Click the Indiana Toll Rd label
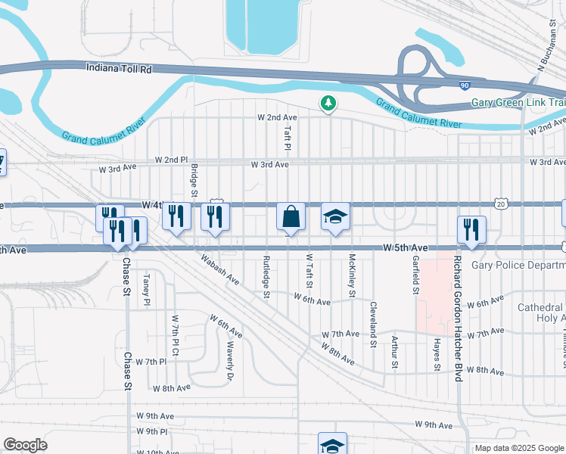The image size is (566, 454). [x=120, y=68]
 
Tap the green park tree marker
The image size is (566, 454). [x=328, y=102]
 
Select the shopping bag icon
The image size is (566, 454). [x=291, y=217]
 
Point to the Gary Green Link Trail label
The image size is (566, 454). [x=518, y=102]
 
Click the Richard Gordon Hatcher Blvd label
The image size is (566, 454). [x=457, y=318]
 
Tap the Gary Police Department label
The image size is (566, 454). [x=518, y=266]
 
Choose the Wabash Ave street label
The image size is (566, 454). [x=219, y=269]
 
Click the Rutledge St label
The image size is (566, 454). [x=266, y=276]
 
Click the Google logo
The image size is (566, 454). [x=25, y=445]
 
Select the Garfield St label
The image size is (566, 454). [x=415, y=273]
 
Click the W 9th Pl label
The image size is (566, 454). [x=152, y=431]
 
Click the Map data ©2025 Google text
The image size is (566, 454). [x=518, y=448]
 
